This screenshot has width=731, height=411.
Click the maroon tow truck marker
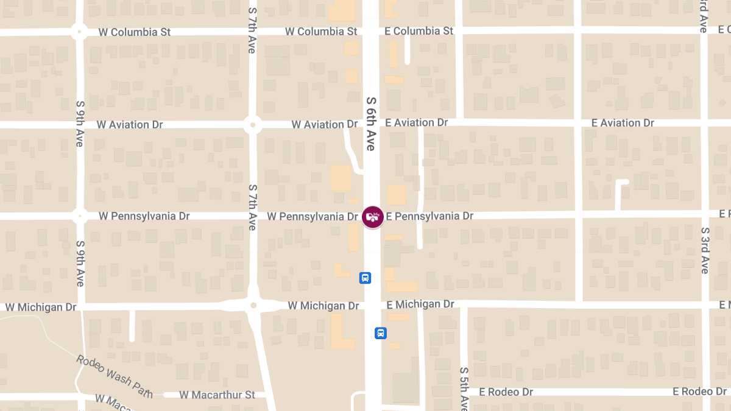[373, 217]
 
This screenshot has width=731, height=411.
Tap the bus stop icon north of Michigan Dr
[365, 278]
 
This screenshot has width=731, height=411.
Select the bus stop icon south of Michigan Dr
[381, 333]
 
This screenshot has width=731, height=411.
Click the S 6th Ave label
[370, 123]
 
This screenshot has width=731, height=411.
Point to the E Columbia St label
[419, 31]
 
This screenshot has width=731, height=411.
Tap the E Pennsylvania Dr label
[429, 216]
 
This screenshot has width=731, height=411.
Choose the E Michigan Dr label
[420, 304]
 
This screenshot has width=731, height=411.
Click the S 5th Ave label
[464, 388]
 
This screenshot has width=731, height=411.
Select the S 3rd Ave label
[705, 250]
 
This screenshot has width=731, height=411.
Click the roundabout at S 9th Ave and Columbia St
[79, 32]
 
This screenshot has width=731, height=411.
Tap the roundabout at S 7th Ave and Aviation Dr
[253, 125]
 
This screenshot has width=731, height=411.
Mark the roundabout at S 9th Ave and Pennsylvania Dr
[79, 216]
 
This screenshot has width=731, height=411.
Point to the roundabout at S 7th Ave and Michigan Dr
[253, 305]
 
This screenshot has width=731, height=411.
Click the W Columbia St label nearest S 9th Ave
[134, 32]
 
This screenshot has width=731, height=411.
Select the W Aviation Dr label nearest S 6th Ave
[324, 124]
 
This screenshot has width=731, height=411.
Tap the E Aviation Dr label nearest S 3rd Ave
[623, 123]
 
